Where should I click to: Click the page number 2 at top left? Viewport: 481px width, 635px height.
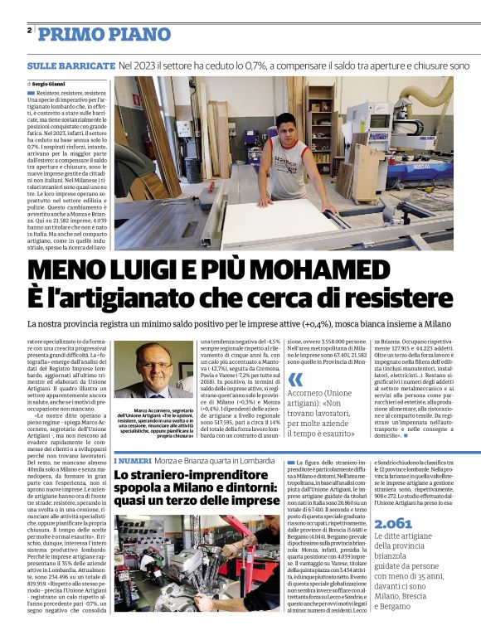29,30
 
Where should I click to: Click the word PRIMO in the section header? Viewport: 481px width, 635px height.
69,34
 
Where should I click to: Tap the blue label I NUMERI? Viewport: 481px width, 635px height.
132,460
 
